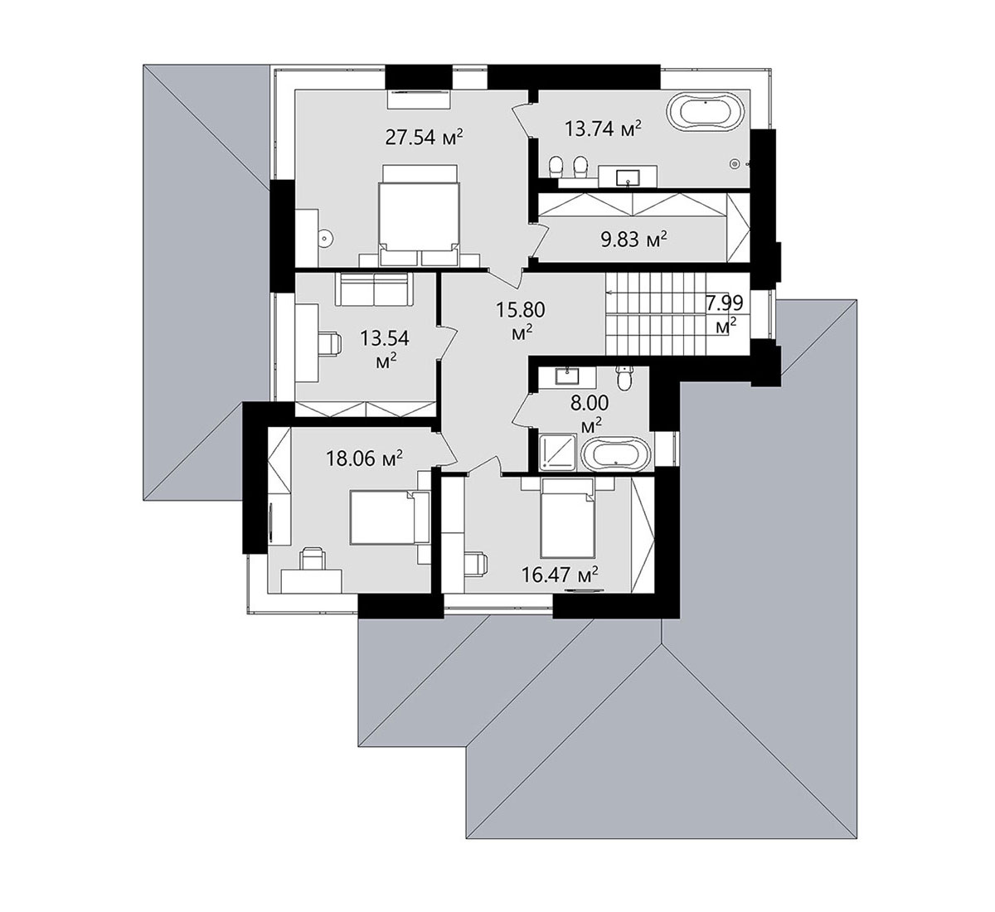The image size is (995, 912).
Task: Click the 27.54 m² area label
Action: click(424, 137)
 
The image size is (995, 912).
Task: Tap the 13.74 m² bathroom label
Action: click(603, 129)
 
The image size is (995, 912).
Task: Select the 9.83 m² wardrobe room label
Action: click(633, 240)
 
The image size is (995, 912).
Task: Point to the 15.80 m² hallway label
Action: click(521, 320)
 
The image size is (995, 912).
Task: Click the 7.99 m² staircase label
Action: click(725, 313)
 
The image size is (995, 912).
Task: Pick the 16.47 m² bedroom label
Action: click(560, 575)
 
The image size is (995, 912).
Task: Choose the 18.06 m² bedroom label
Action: click(363, 458)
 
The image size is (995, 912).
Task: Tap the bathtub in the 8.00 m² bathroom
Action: click(615, 454)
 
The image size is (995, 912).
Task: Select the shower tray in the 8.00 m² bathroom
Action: click(559, 452)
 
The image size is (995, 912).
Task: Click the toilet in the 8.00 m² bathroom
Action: click(624, 378)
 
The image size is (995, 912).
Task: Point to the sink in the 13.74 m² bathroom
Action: click(628, 177)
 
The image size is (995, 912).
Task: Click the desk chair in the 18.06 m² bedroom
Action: click(312, 558)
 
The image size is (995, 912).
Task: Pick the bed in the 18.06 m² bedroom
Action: click(390, 517)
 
